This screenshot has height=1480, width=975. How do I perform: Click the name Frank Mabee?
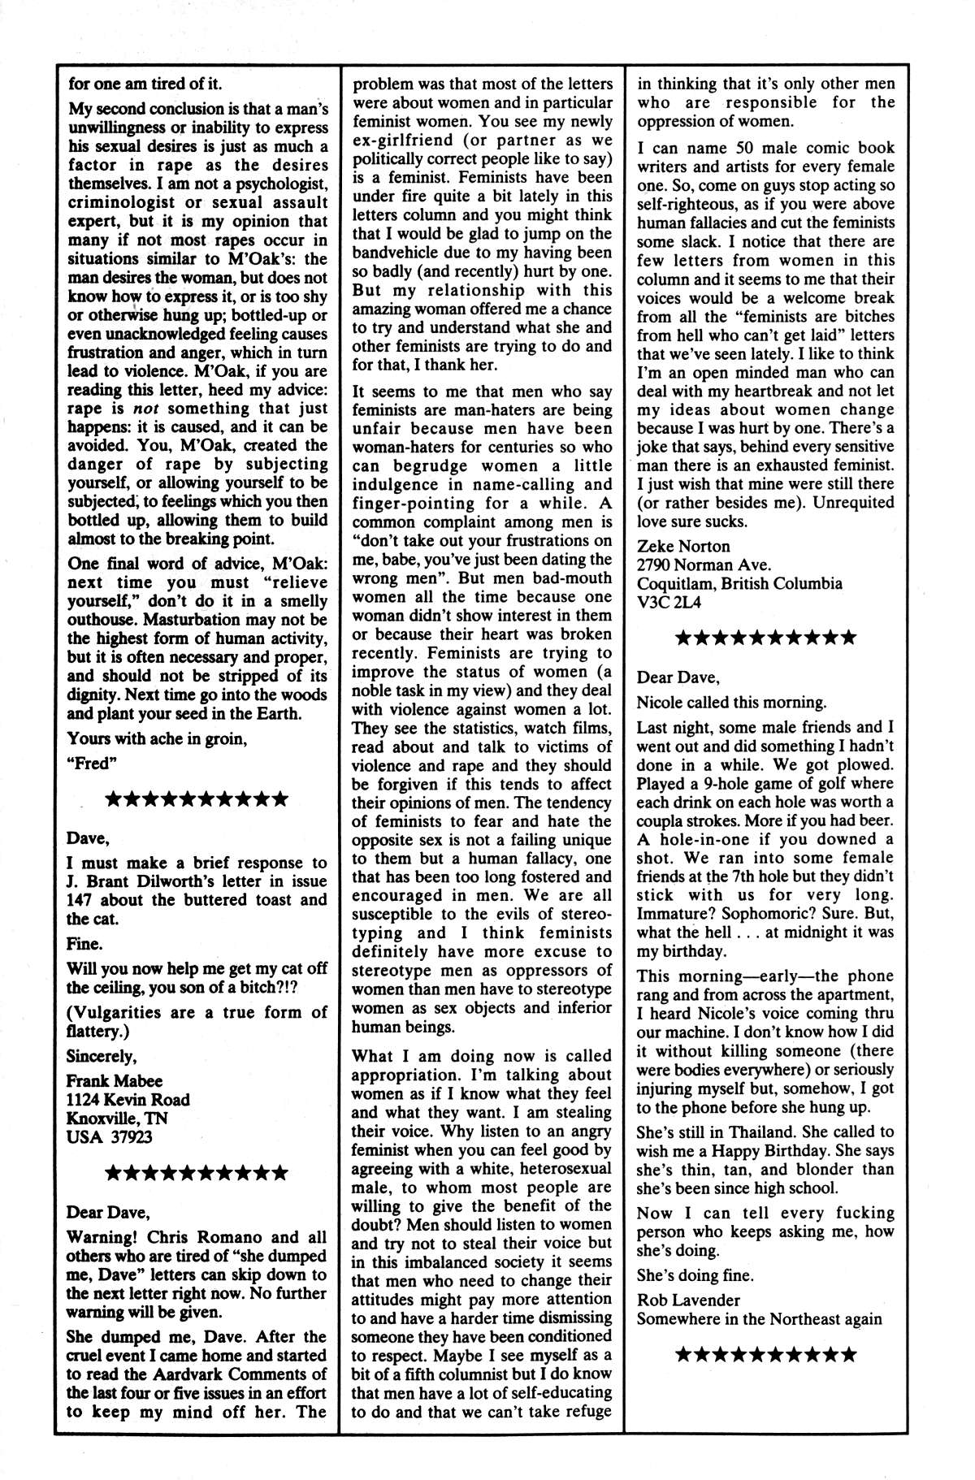coord(115,1080)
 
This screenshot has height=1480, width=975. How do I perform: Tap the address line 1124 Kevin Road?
coord(128,1100)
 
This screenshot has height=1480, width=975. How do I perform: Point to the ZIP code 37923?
coord(129,1137)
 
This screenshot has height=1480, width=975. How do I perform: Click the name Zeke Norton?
coord(683,546)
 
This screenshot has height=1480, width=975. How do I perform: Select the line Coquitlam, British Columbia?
coord(739,583)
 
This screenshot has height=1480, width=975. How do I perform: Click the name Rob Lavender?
coord(688,1300)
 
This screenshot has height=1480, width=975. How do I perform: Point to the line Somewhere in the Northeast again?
coord(759,1318)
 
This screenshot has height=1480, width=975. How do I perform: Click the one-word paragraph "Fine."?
coord(84,944)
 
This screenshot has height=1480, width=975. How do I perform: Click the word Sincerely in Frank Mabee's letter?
coord(102,1056)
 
